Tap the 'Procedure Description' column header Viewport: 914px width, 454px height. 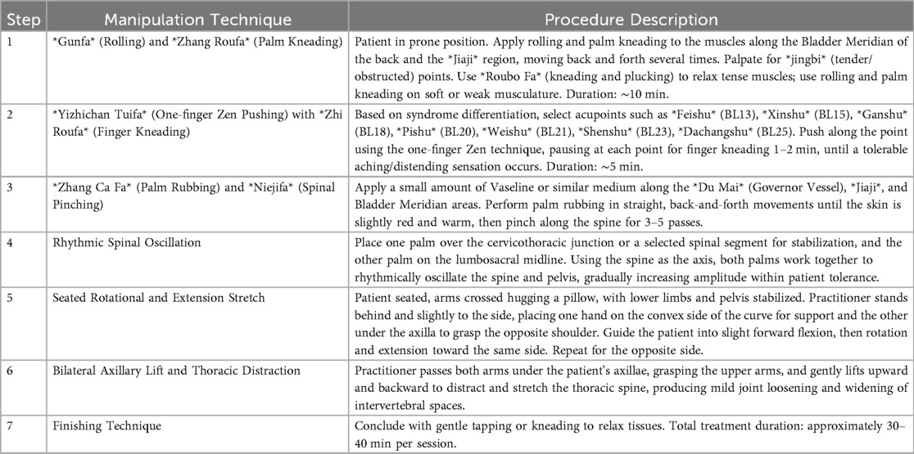click(631, 17)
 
